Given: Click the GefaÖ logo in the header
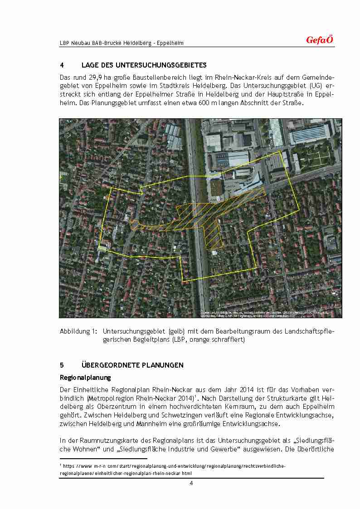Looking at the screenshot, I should coord(319,40).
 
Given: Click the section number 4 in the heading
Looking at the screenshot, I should coord(62,65).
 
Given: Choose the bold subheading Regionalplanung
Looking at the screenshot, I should coord(85,377).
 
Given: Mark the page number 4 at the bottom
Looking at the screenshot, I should coord(191,483).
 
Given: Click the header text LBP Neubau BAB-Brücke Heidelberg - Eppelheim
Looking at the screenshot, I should coord(122,43).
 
